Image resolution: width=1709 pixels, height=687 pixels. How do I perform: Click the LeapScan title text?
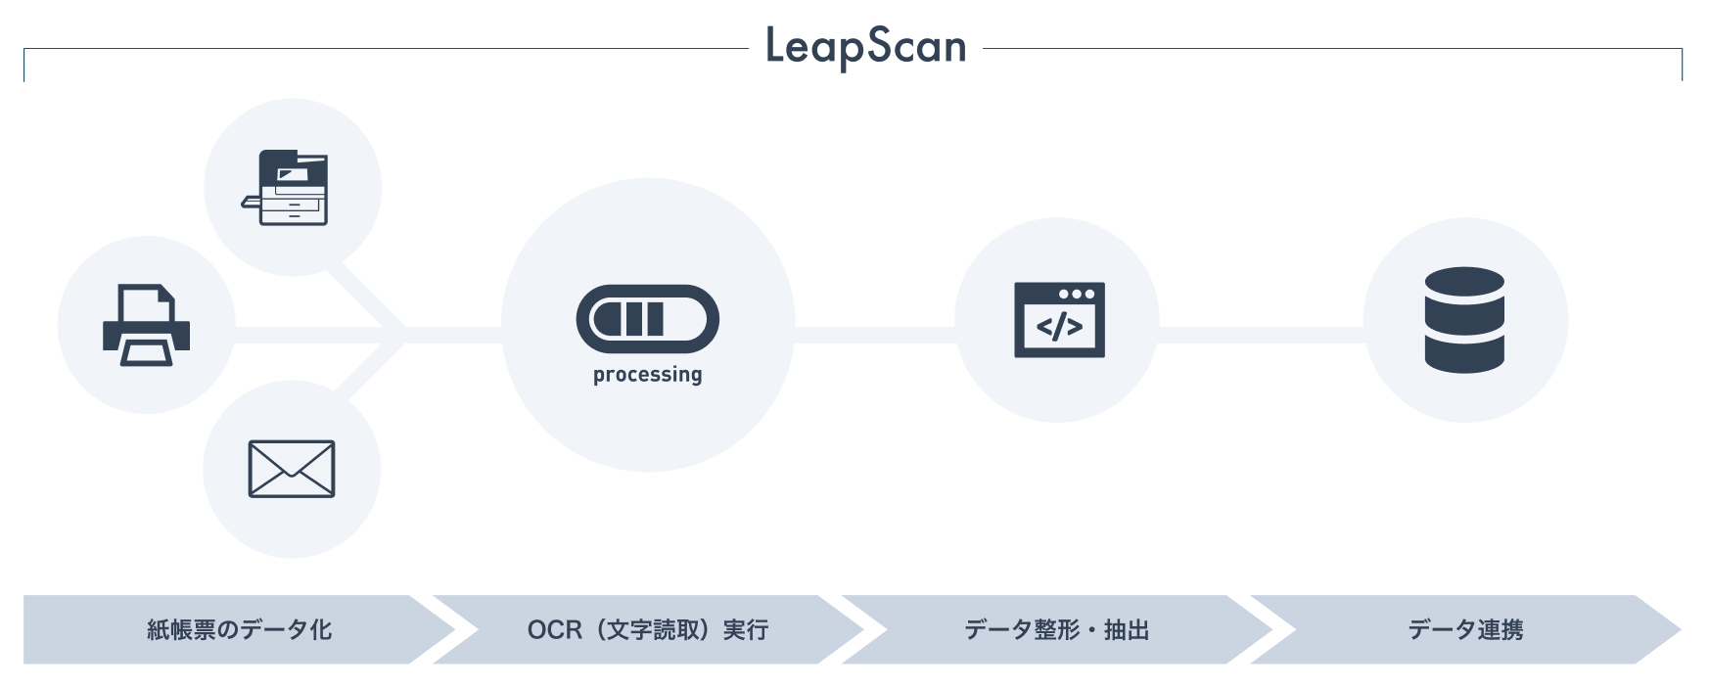coord(865,47)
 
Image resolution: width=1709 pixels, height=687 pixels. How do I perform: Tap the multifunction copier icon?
coord(286,188)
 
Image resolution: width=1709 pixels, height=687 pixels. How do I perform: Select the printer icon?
coord(146,325)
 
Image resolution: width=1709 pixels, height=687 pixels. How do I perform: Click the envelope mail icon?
coord(292,469)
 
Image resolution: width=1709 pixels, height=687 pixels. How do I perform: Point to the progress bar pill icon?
coord(647,319)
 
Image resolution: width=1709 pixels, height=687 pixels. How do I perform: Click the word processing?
coord(647,375)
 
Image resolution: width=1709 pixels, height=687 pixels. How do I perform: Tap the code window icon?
coord(1059,320)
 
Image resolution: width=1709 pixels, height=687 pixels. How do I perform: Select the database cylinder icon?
coord(1464,320)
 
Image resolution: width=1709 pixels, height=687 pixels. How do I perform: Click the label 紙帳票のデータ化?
coord(239,630)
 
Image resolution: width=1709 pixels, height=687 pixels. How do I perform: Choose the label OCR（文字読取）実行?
coord(647,630)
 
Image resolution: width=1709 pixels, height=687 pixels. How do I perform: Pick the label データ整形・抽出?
coord(1056,630)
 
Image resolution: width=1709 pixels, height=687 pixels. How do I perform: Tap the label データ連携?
coord(1465,630)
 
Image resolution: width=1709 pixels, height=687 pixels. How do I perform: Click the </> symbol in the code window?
coord(1059,327)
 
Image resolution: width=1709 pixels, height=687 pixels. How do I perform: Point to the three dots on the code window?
coord(1077,294)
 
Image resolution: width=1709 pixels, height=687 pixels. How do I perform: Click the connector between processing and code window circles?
coord(874,336)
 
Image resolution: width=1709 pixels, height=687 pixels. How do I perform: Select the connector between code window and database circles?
coord(1261,336)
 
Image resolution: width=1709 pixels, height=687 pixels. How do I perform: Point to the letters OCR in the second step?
coord(554,630)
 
